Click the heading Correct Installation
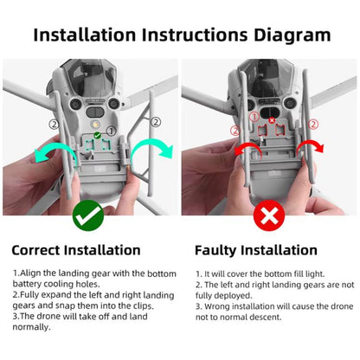point(76,250)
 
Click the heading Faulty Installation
point(257,250)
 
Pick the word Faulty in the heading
point(217,250)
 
